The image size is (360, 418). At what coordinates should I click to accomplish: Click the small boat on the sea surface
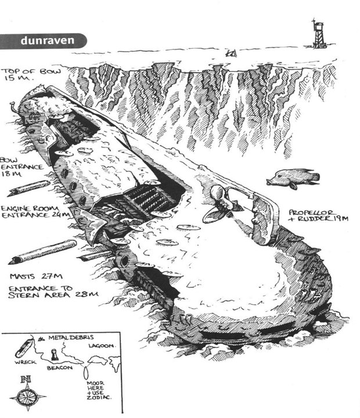click(231, 53)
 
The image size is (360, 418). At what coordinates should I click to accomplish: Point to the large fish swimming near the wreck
click(293, 179)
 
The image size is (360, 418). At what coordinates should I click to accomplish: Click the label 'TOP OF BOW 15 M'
click(26, 77)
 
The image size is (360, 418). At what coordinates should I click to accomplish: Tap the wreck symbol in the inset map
click(22, 346)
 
